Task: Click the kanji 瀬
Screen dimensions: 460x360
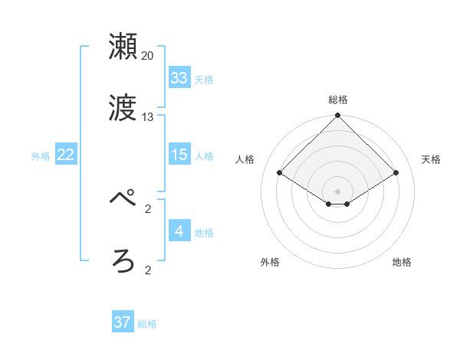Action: (123, 47)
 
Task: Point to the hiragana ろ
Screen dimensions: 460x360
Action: (123, 261)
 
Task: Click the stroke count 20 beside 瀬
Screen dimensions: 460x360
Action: (148, 56)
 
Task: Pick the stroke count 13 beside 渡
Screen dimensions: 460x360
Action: (148, 117)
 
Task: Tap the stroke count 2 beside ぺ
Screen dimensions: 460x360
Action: (148, 208)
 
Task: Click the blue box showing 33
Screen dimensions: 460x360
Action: (179, 78)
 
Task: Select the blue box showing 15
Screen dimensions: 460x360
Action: (179, 155)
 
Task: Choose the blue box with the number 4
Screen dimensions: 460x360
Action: (179, 231)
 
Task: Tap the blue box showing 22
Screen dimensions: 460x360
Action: (65, 155)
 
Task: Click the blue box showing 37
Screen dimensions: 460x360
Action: (122, 322)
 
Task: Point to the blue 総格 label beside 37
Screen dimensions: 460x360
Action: (147, 324)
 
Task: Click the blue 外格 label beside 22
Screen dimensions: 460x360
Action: (41, 156)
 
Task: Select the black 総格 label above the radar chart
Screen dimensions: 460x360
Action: (338, 100)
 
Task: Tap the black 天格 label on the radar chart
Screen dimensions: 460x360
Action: (432, 159)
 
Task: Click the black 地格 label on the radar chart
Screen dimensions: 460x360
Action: (402, 262)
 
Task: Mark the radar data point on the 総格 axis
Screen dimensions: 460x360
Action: (338, 116)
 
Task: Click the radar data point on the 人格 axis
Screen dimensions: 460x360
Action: (280, 172)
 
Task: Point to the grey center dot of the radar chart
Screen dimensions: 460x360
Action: (338, 191)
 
